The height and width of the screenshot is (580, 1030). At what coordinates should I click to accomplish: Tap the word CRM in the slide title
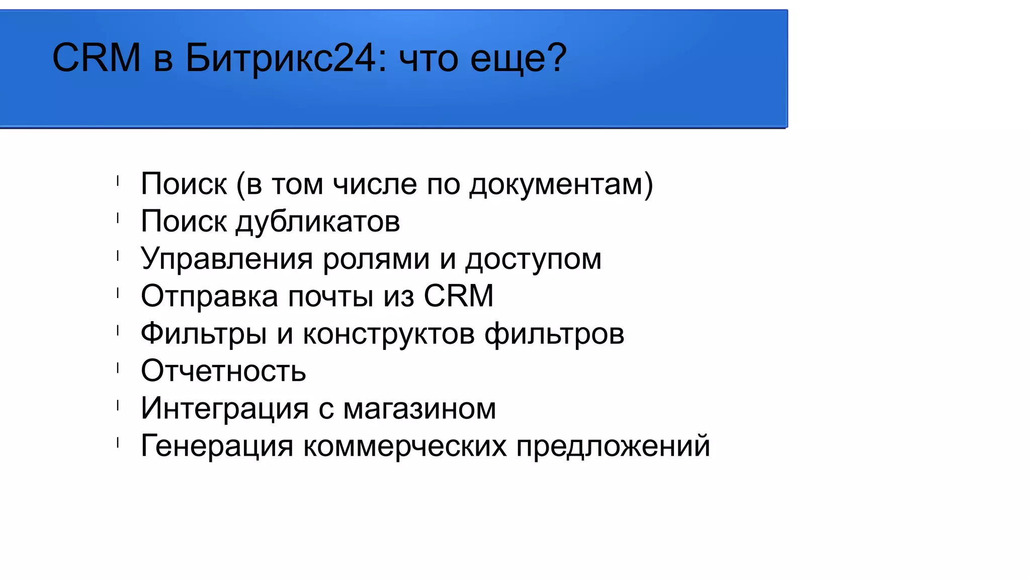pyautogui.click(x=96, y=58)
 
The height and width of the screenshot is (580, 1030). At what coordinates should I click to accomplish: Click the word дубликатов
pyautogui.click(x=318, y=222)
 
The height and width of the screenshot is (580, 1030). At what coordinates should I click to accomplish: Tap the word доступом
pyautogui.click(x=533, y=260)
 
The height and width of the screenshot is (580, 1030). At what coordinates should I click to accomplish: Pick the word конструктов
pyautogui.click(x=389, y=334)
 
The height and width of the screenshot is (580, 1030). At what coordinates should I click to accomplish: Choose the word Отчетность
pyautogui.click(x=223, y=371)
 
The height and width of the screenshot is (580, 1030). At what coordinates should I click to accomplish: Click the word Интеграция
pyautogui.click(x=224, y=408)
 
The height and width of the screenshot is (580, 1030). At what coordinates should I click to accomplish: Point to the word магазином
pyautogui.click(x=419, y=408)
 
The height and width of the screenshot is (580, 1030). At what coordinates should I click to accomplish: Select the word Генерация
pyautogui.click(x=217, y=446)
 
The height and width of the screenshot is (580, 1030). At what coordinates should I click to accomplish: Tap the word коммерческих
pyautogui.click(x=405, y=446)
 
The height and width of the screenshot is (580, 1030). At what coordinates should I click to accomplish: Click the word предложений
pyautogui.click(x=613, y=447)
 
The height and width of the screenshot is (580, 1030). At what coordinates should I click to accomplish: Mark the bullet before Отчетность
pyautogui.click(x=118, y=368)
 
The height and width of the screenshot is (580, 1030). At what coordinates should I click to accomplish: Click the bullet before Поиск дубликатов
pyautogui.click(x=118, y=218)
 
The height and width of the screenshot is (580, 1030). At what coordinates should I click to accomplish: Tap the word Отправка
pyautogui.click(x=209, y=296)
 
